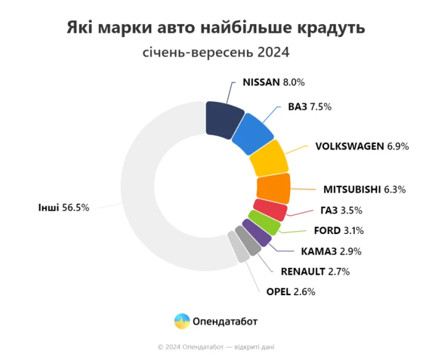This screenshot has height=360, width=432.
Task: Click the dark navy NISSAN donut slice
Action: (223, 116)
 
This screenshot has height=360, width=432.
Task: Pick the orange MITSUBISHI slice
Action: (273, 188)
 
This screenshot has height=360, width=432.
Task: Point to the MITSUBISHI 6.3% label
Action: (364, 190)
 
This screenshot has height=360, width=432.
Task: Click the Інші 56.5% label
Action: (64, 208)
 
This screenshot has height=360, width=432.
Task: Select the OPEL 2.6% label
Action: (290, 292)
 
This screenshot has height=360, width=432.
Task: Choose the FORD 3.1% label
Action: (339, 231)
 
